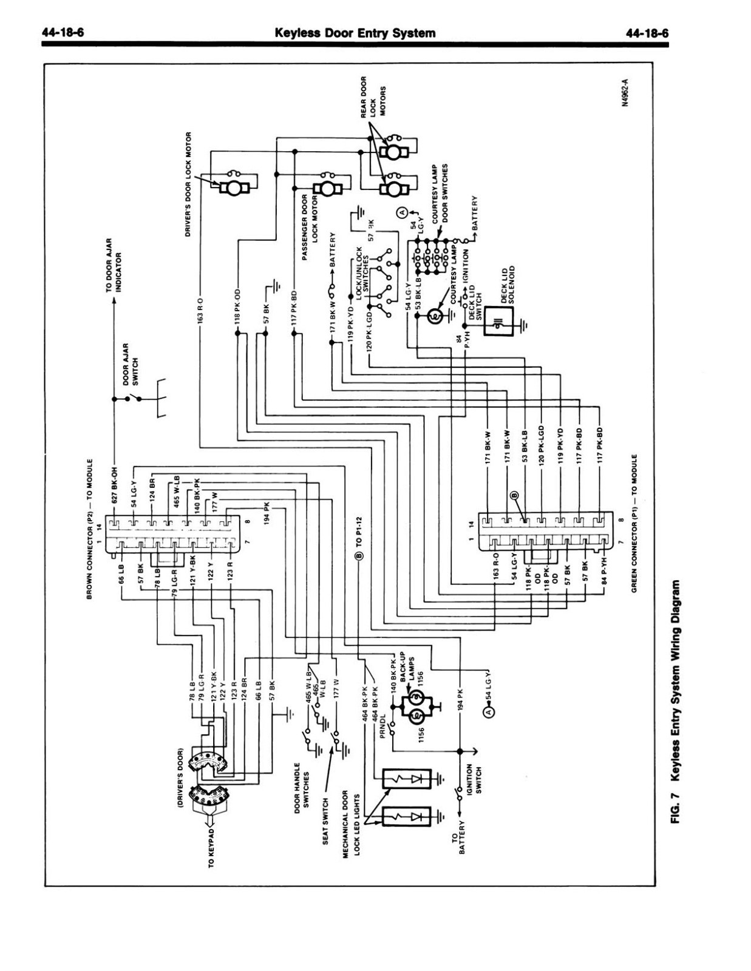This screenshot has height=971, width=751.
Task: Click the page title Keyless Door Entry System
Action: (355, 33)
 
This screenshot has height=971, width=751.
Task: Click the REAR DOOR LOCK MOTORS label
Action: (373, 97)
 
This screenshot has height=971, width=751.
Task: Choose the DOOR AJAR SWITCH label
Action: (131, 364)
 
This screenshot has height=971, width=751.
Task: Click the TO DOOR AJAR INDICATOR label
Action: (114, 265)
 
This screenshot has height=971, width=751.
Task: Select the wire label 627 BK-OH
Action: (114, 486)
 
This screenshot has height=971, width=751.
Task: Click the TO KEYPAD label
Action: (211, 845)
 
